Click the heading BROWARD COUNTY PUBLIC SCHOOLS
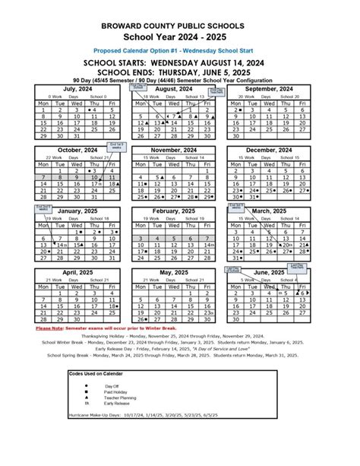coord(180,25)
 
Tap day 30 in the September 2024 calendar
coord(238,137)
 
